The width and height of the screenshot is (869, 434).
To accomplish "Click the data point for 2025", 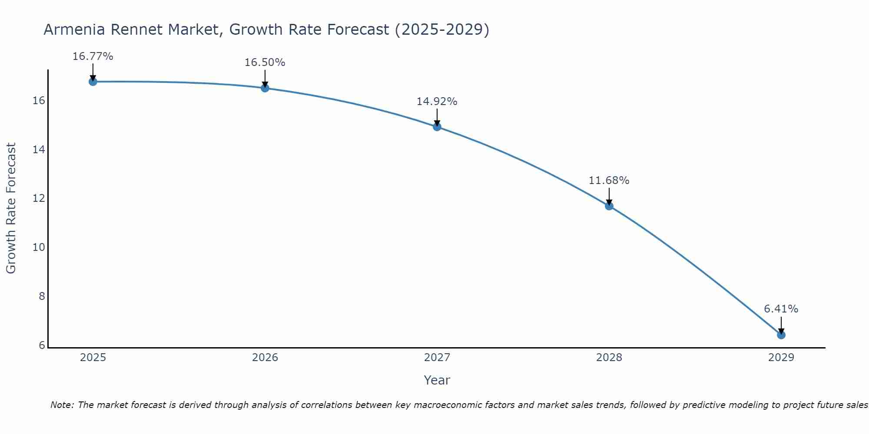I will [x=93, y=82].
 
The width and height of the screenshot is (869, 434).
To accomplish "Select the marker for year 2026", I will [x=265, y=88].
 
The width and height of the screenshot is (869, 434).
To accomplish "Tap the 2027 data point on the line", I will [x=437, y=127].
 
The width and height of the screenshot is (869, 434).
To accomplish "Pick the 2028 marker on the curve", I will [x=609, y=206].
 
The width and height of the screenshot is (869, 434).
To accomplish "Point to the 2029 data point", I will [x=781, y=335].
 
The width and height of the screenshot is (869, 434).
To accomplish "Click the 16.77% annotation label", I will [x=93, y=56].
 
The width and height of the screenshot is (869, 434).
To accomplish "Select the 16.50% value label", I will [x=265, y=62].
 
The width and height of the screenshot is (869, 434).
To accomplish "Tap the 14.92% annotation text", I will [x=437, y=102].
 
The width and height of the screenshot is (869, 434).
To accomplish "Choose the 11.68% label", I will [x=609, y=181].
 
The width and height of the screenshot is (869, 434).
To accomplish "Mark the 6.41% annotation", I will [x=781, y=309].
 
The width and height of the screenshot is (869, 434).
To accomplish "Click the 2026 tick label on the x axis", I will [x=265, y=358].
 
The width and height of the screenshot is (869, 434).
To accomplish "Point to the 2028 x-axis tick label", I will [x=609, y=358].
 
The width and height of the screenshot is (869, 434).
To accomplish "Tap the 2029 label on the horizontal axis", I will [x=781, y=358].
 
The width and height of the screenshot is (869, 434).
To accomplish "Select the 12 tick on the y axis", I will [x=39, y=198].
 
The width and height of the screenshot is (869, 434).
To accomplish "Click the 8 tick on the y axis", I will [x=42, y=296].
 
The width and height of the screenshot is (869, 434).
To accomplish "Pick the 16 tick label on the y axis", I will [x=39, y=101].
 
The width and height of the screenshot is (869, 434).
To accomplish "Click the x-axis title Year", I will [x=437, y=380].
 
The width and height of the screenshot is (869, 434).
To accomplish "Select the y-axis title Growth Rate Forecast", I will [x=11, y=208].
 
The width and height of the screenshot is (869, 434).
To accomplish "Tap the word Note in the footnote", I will [x=62, y=405].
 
